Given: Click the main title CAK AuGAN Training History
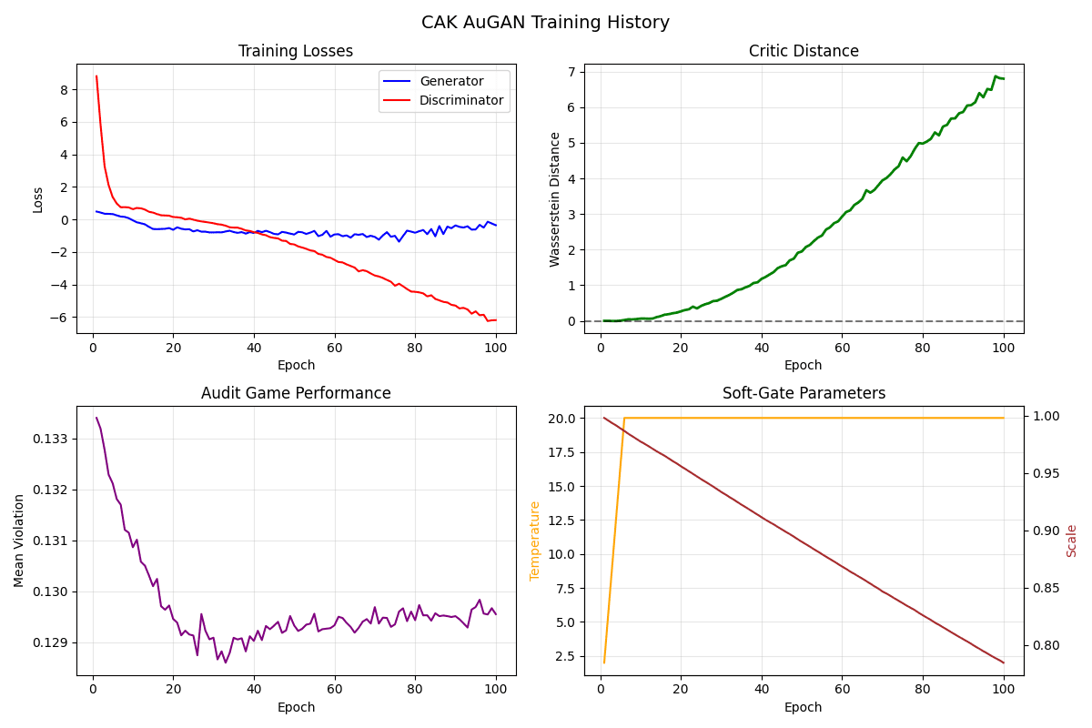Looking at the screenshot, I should (545, 23).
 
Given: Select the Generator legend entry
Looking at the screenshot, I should (451, 81).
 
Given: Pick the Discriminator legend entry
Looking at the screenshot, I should (461, 100).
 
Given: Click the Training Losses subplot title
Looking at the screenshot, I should (296, 52).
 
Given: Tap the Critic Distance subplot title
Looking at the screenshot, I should (804, 52).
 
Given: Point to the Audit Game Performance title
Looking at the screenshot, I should (296, 394).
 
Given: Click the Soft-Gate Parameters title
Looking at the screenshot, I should (804, 394).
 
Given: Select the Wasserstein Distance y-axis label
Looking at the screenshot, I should (555, 198).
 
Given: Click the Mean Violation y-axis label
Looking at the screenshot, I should (19, 541).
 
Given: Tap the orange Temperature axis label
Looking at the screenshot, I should (535, 541).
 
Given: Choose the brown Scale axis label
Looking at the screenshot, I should (1072, 541).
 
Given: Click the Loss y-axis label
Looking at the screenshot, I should (38, 198).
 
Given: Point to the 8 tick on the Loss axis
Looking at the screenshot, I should (65, 89).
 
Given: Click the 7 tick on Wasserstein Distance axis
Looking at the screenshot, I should (571, 72).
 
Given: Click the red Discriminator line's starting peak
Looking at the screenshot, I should (96, 76).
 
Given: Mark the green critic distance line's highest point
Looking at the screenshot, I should (996, 76).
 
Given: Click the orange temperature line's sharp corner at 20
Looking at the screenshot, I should (624, 418).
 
